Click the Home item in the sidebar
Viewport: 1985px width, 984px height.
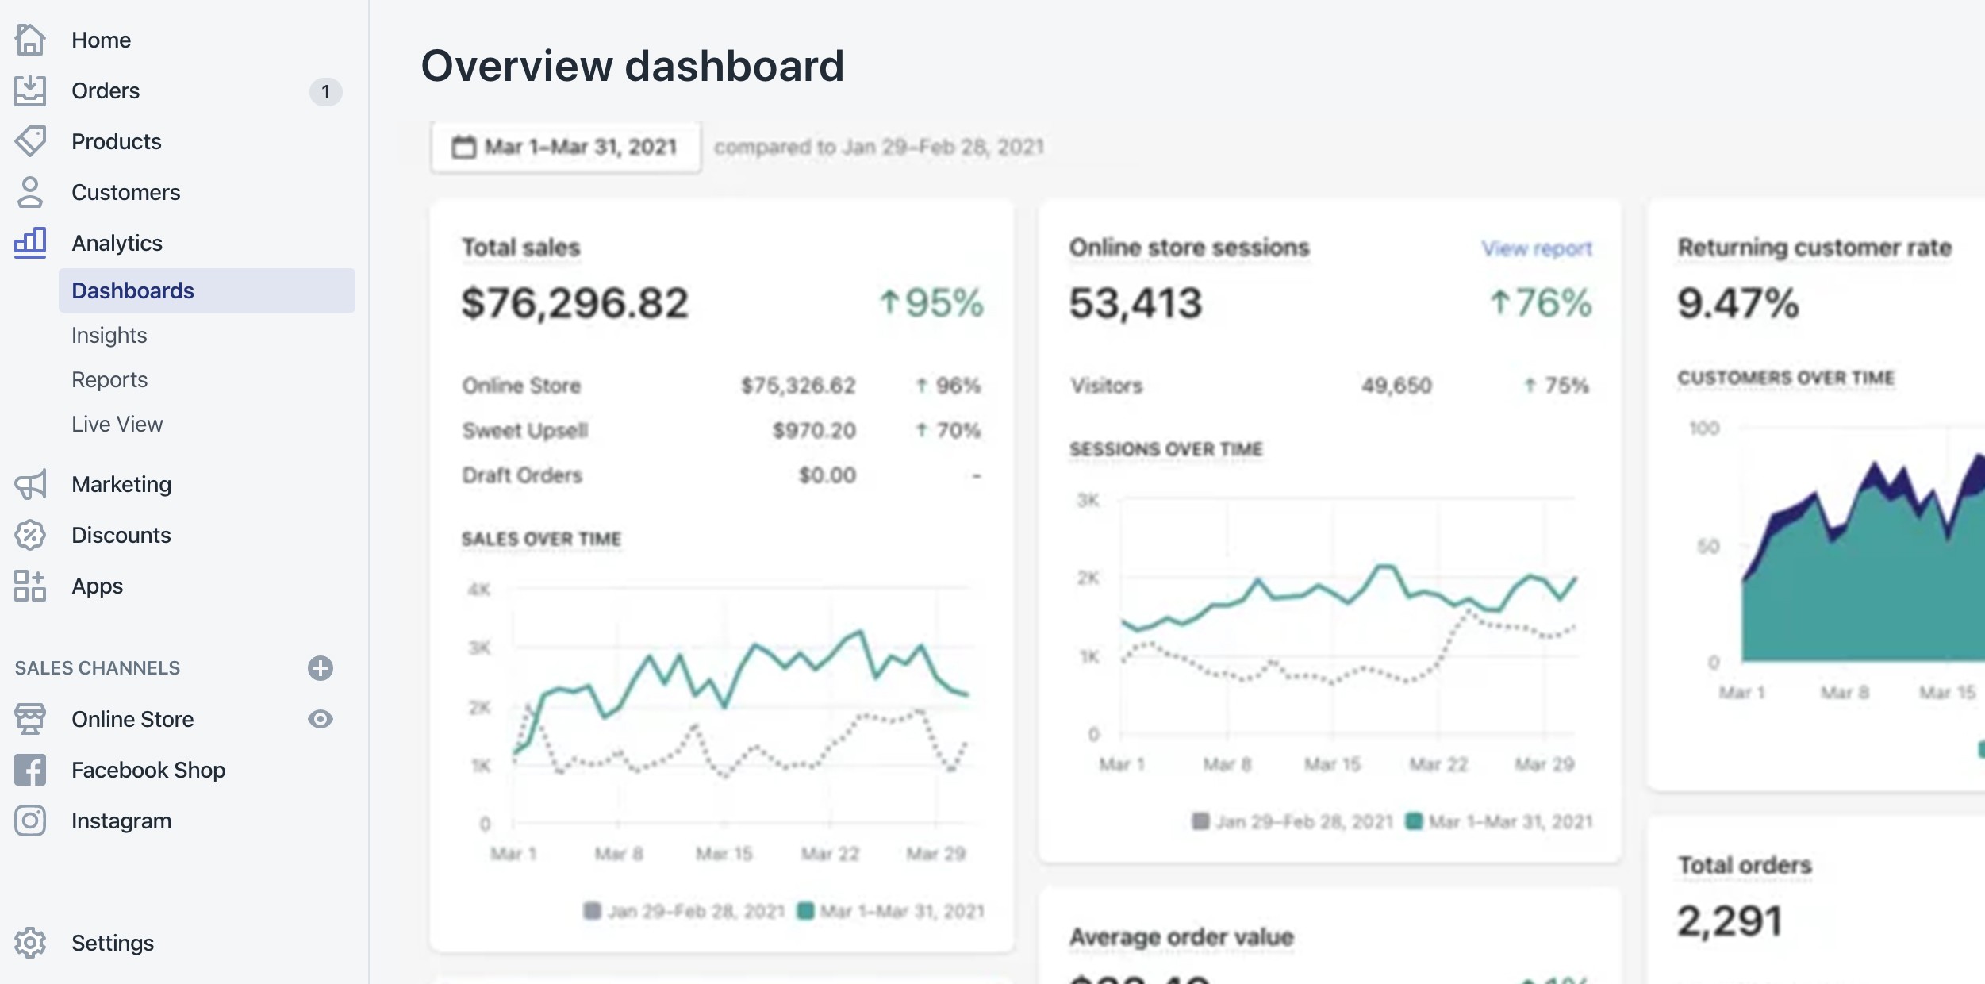[101, 40]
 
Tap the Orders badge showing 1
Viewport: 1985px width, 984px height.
[325, 92]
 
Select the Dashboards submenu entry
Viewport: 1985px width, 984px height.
[132, 290]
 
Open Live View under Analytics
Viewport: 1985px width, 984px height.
[117, 424]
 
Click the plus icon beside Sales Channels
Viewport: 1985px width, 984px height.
[321, 668]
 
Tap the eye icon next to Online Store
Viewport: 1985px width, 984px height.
[321, 719]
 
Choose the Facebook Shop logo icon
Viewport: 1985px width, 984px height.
[30, 770]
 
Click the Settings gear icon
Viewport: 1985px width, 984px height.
[30, 943]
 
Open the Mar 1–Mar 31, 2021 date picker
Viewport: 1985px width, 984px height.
[566, 147]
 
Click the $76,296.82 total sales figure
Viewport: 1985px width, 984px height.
[575, 303]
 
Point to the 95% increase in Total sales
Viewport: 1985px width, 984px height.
[932, 303]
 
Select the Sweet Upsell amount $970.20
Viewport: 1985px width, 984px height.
[814, 430]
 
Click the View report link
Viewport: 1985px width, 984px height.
[1537, 248]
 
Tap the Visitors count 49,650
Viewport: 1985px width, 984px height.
[1396, 386]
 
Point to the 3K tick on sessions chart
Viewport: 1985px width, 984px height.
[1088, 500]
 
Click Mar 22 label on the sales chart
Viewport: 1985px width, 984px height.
[830, 854]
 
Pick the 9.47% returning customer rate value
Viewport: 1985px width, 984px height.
[1737, 303]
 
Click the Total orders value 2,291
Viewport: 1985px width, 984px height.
[1730, 921]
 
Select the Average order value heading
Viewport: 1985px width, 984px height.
[1181, 936]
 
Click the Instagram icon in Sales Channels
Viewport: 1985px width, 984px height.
[30, 821]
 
